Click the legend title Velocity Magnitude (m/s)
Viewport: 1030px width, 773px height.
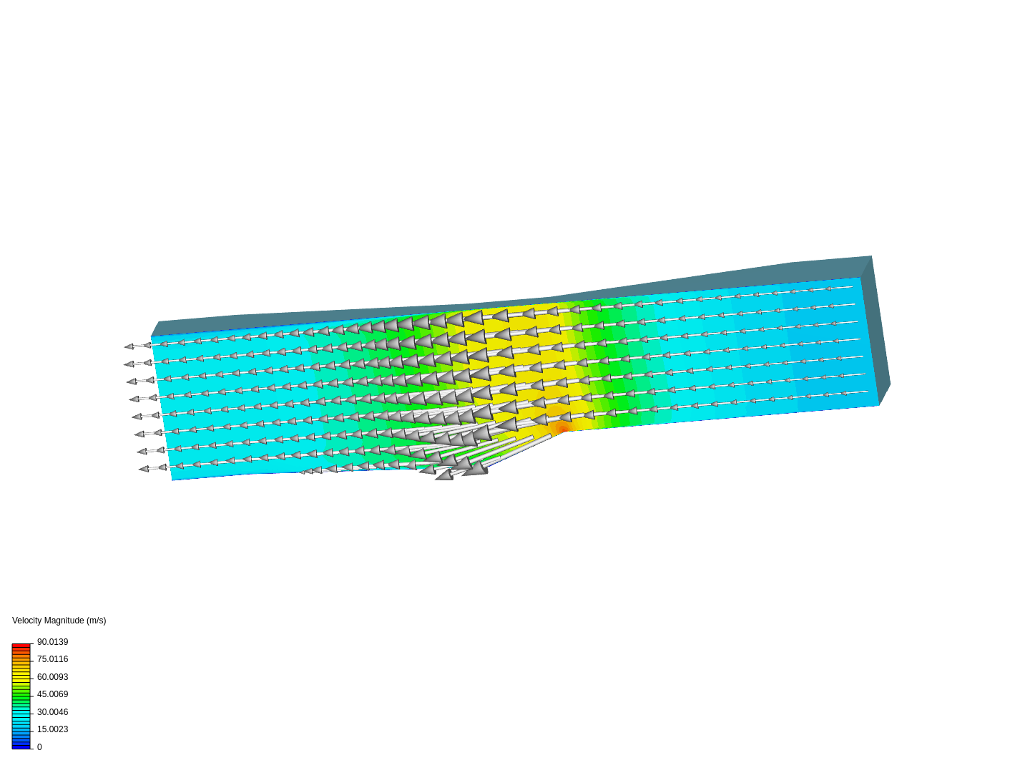point(59,621)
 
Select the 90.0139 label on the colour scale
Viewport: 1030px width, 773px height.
point(52,642)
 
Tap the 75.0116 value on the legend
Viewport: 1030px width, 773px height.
point(52,659)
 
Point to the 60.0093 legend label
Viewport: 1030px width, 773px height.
point(52,677)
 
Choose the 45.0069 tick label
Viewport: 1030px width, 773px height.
point(52,694)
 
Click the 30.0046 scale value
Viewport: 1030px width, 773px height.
point(52,712)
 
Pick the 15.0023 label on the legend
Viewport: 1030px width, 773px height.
point(52,729)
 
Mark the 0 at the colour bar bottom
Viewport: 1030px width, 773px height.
point(39,747)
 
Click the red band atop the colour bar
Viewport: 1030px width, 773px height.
point(21,646)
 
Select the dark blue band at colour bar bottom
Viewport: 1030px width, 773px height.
point(21,746)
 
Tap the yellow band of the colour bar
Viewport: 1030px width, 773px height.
point(21,676)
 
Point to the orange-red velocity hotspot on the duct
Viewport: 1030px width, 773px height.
point(563,428)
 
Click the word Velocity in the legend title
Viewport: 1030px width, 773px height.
point(28,621)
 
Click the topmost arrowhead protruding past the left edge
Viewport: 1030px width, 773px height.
point(129,347)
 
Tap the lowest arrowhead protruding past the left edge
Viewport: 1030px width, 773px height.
point(143,469)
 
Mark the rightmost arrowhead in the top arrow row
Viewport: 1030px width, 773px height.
point(828,289)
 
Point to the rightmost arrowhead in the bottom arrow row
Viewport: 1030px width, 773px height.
point(843,394)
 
